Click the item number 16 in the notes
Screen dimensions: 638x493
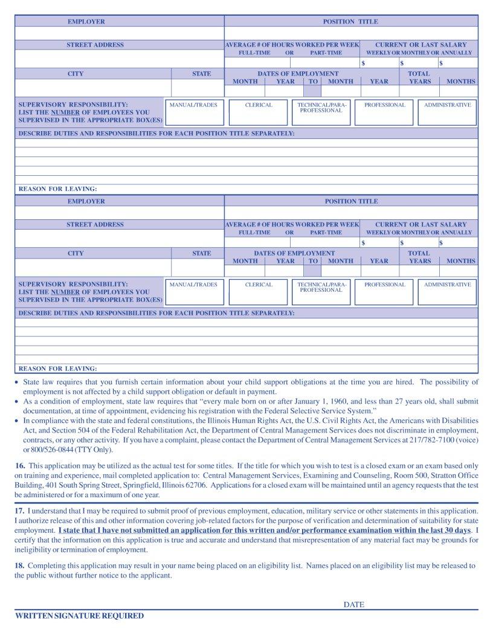coord(19,466)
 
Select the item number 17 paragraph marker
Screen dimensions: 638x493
coord(19,511)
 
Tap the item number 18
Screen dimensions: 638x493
coord(19,566)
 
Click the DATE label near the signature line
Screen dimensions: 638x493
coord(354,604)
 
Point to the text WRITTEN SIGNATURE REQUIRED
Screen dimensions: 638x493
coord(79,616)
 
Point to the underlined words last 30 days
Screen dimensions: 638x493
coord(448,530)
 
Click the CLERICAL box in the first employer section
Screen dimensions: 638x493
coord(259,112)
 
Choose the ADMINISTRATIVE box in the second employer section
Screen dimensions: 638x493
coord(447,292)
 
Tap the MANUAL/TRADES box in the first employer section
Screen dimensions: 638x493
coord(193,112)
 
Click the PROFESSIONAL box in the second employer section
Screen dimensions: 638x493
coord(384,292)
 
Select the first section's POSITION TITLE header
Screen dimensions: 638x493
coord(350,22)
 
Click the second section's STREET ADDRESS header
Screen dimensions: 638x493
coord(95,225)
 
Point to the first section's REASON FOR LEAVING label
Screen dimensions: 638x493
coord(58,189)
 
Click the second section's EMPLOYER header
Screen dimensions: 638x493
coord(86,202)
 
